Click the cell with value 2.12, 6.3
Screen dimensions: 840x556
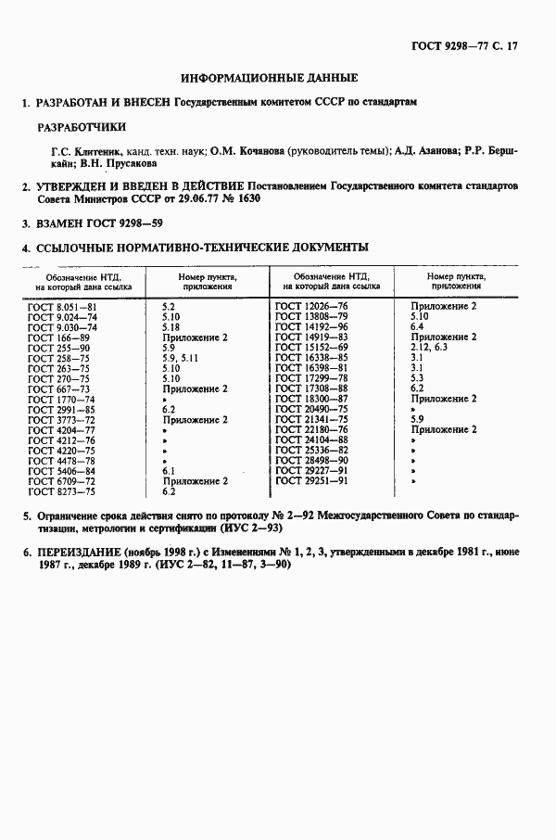point(428,347)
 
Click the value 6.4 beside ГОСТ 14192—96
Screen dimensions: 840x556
point(416,326)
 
